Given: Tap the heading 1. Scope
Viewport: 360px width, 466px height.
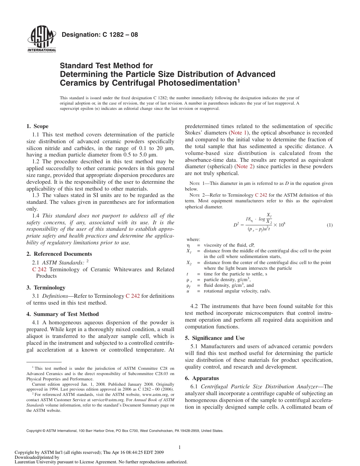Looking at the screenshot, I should coord(37,126).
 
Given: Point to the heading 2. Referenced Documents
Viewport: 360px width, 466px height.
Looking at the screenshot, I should coord(59,254).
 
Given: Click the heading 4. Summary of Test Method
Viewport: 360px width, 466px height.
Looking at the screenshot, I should coord(63,314).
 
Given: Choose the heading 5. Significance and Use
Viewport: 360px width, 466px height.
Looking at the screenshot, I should coord(214,338).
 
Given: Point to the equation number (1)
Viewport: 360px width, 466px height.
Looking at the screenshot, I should coord(330,225).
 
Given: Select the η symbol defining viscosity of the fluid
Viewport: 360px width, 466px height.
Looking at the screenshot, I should coord(188,245).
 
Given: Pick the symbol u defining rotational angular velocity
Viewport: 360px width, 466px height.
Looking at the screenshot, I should coord(188,291).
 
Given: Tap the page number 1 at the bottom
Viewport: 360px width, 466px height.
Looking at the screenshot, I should coord(179,447).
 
